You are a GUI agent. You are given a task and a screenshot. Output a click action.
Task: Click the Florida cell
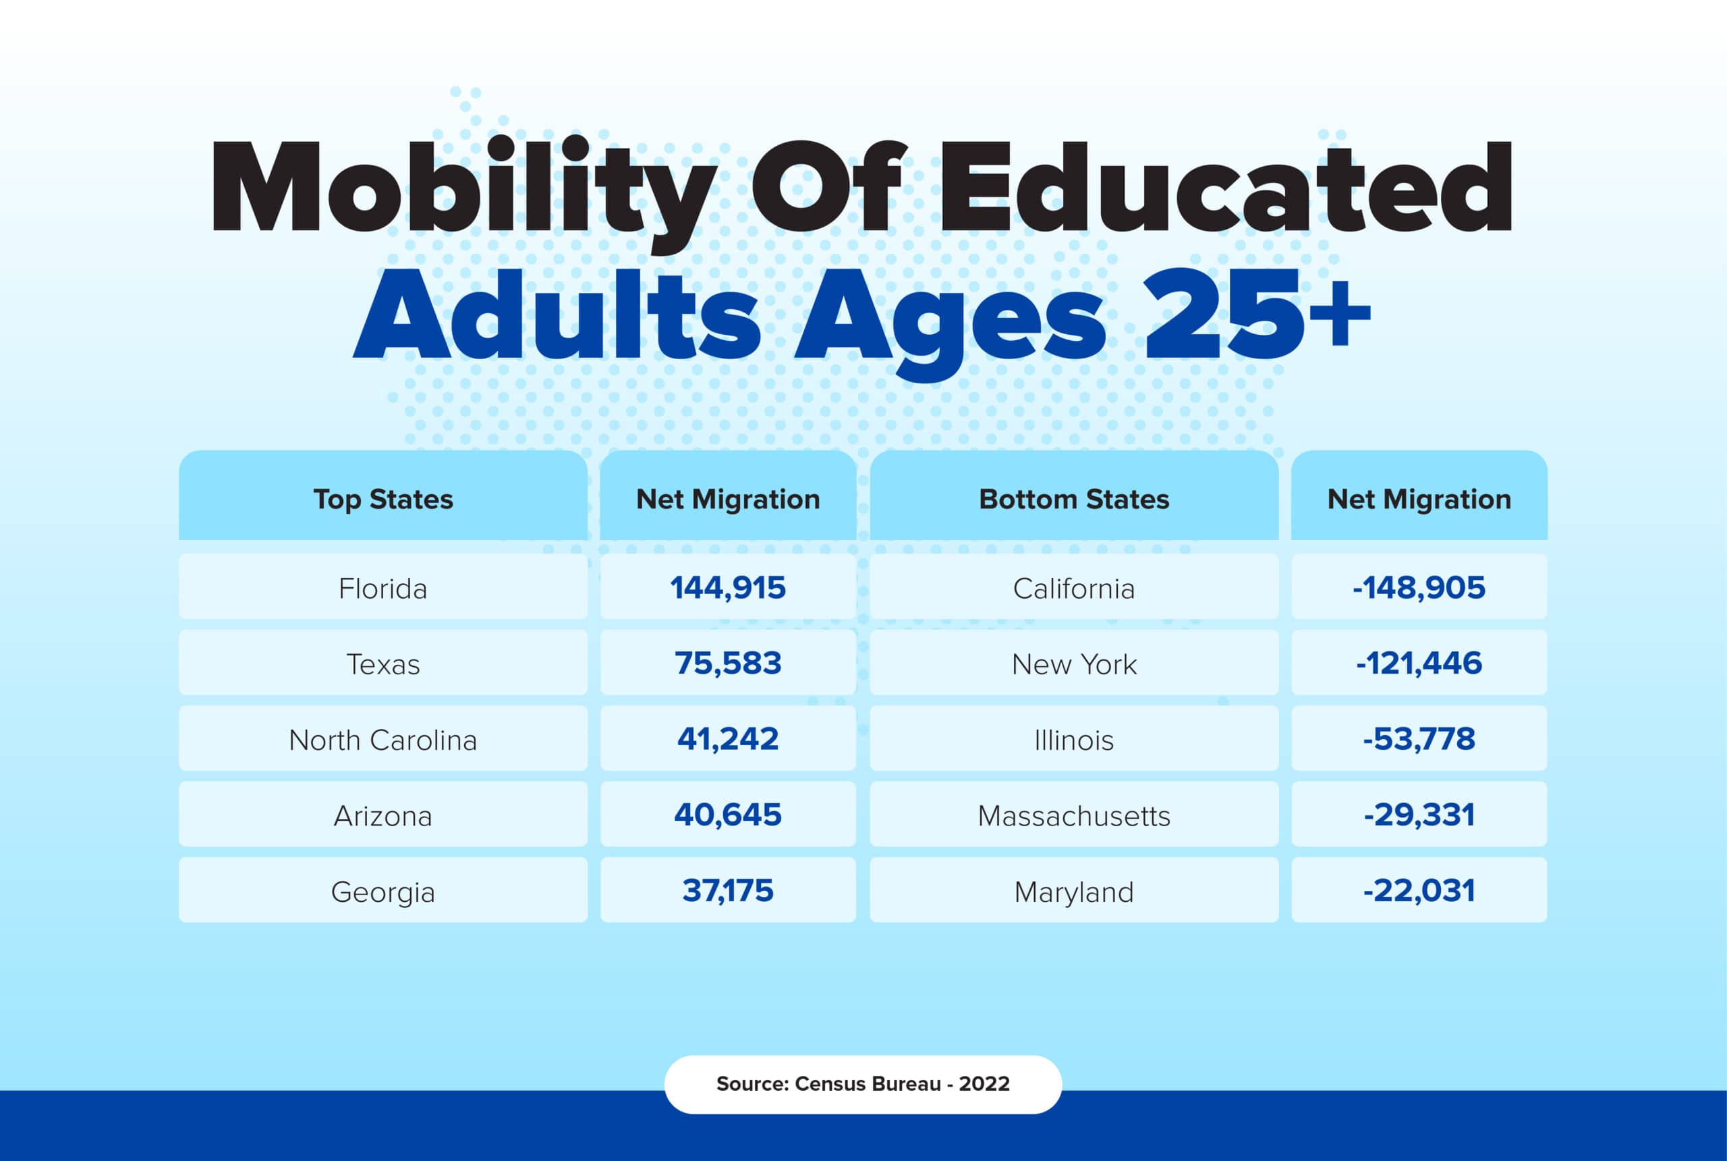(383, 589)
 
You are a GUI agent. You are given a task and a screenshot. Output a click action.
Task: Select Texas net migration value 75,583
(727, 664)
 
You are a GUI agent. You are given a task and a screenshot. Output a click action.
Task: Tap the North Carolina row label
(383, 740)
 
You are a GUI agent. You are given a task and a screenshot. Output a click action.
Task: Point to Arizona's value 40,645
(727, 815)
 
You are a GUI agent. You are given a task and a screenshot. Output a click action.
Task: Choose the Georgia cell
(383, 892)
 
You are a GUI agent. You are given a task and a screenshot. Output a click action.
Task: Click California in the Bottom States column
(1073, 589)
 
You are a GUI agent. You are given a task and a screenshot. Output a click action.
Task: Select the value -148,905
(1419, 588)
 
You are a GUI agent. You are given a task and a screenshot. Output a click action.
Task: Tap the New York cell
(1073, 664)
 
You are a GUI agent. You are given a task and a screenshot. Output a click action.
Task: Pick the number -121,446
(1419, 664)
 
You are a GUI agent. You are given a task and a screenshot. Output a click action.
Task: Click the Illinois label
(1073, 740)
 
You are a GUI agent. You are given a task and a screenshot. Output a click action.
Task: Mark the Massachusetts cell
(1073, 816)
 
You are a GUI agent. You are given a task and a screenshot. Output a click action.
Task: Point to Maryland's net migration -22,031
(1419, 891)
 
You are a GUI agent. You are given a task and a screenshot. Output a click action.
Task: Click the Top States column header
(383, 499)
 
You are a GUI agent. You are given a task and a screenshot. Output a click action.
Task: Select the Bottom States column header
(1073, 499)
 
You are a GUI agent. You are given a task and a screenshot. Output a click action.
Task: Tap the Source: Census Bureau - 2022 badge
(863, 1084)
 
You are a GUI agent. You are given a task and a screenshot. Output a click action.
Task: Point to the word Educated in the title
(1224, 189)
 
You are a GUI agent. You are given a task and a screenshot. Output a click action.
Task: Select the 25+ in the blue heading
(1254, 315)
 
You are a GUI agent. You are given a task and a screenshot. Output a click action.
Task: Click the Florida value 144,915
(727, 588)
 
